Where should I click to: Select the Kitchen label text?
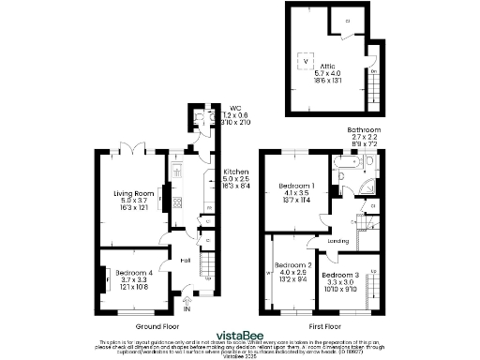tap(235, 172)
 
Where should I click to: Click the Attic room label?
tap(326, 67)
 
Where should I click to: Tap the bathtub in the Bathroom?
tap(344, 166)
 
